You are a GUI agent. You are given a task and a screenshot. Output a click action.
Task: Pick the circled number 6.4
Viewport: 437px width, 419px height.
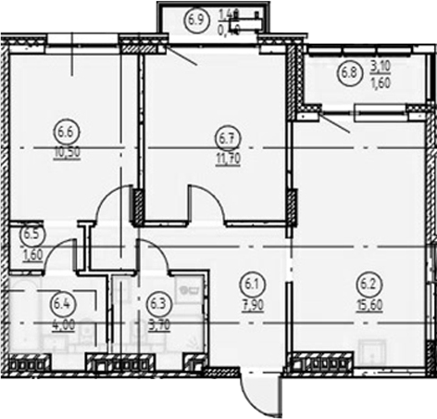tap(62, 299)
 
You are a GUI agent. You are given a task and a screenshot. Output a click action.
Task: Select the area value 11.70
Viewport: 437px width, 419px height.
tap(224, 158)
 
